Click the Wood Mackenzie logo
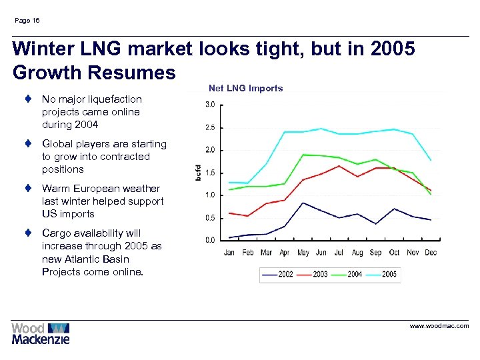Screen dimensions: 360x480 40,333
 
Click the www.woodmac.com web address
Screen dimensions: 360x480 439,326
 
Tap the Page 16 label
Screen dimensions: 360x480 27,21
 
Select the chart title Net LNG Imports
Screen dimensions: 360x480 245,88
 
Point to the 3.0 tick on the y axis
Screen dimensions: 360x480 209,105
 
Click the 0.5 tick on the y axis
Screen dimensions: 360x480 209,218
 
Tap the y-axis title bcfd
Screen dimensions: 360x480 197,171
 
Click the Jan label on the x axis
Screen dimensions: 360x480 229,252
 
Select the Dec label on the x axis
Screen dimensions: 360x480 430,252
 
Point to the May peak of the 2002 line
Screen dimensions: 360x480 303,203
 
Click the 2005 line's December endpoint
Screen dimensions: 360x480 431,161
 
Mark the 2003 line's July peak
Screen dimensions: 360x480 339,165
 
